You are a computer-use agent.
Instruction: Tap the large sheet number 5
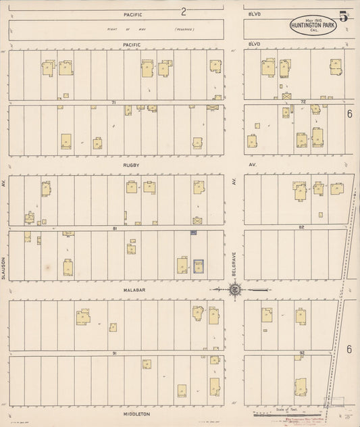click(343, 17)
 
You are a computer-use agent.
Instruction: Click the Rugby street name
click(131, 164)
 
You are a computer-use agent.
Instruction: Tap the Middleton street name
click(136, 413)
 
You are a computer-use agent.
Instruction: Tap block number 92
click(303, 353)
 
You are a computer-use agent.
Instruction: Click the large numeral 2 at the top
click(183, 11)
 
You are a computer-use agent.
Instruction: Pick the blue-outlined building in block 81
click(199, 266)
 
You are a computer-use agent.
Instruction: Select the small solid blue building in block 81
click(193, 232)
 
